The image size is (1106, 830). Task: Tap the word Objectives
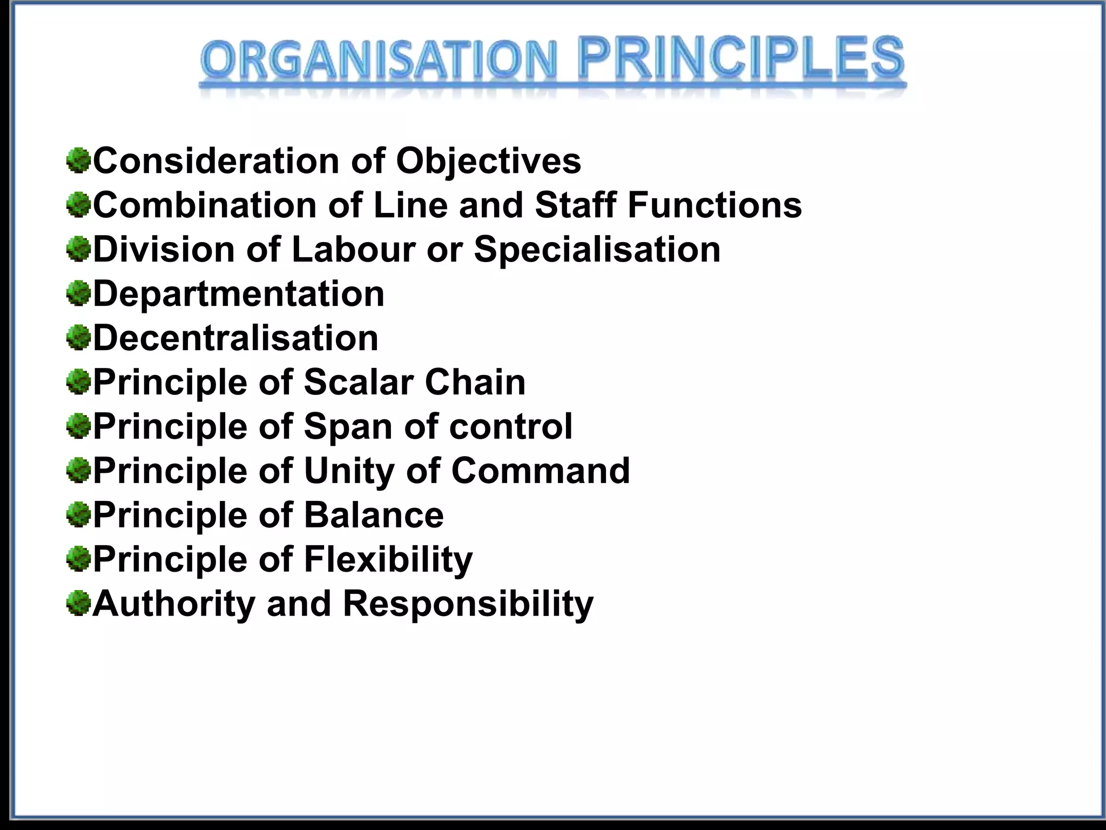click(488, 161)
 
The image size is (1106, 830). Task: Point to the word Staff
click(575, 205)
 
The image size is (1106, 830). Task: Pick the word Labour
click(353, 250)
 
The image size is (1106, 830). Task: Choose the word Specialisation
click(597, 250)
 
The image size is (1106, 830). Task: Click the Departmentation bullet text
click(239, 294)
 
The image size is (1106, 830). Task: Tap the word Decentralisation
click(235, 338)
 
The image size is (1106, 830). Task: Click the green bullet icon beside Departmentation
click(78, 294)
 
